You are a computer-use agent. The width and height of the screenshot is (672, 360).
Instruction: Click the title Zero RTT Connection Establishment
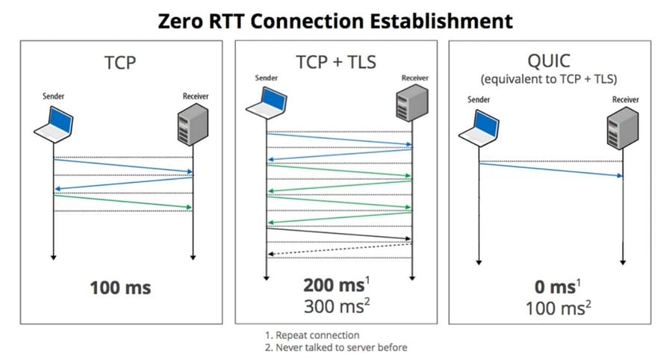tap(335, 20)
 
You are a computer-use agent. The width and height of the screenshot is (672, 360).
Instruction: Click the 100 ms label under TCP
tap(120, 287)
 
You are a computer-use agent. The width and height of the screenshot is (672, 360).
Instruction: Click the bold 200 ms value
tap(334, 285)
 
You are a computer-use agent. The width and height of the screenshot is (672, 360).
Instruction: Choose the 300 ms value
tap(334, 305)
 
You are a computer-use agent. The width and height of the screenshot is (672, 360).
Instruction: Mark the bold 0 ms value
tap(550, 287)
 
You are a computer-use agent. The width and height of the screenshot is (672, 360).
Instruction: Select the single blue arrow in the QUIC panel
tap(550, 170)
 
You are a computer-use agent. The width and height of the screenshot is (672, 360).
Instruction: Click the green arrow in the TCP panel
tap(123, 202)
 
